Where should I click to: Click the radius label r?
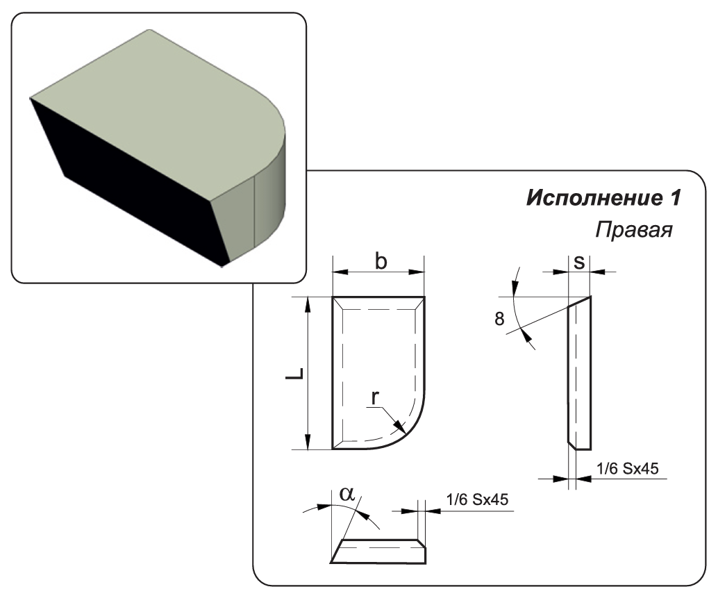point(375,398)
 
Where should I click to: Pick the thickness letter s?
point(578,262)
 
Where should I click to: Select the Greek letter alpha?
point(348,494)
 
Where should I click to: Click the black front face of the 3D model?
point(132,188)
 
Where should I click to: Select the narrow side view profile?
point(579,375)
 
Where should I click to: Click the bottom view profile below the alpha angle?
point(378,553)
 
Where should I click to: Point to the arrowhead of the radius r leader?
point(399,427)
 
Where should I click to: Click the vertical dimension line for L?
point(308,373)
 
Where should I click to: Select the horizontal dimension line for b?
point(378,273)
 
